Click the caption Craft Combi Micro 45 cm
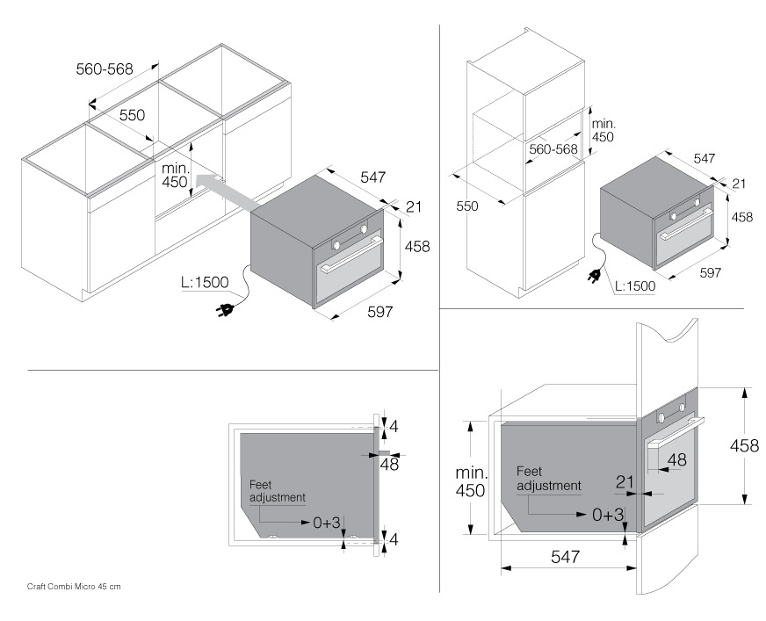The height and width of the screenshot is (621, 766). pyautogui.click(x=74, y=586)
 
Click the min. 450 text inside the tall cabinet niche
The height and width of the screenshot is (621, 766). pyautogui.click(x=602, y=130)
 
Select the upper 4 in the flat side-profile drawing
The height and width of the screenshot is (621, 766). pyautogui.click(x=394, y=427)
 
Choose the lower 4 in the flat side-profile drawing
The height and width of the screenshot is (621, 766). pyautogui.click(x=394, y=540)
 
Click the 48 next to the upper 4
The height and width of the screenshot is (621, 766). pyautogui.click(x=388, y=465)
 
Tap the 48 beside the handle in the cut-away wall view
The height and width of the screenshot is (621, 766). pyautogui.click(x=676, y=459)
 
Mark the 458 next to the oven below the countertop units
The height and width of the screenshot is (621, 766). pyautogui.click(x=416, y=247)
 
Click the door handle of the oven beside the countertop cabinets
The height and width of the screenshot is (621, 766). pyautogui.click(x=351, y=264)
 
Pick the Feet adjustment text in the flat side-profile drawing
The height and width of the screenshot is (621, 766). pyautogui.click(x=277, y=491)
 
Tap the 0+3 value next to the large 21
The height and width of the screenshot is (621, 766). pyautogui.click(x=606, y=515)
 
